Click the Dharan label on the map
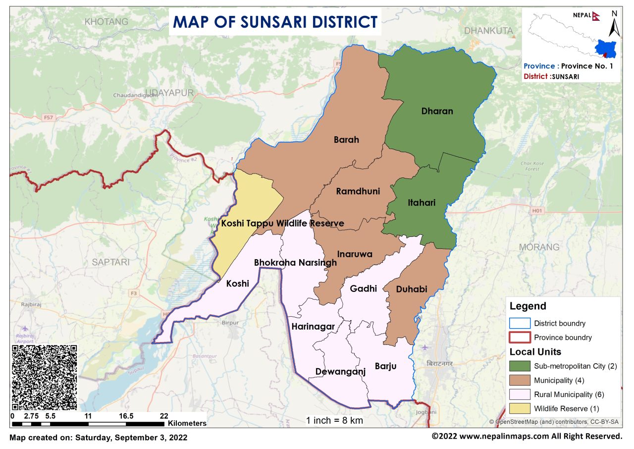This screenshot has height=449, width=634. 437,111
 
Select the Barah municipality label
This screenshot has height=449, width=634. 346,140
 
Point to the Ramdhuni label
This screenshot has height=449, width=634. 358,191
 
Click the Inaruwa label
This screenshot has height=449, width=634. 355,254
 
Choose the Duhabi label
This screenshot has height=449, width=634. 412,289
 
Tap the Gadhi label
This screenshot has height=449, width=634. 363,288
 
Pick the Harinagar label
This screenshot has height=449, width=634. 313,326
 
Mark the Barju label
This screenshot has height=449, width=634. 385,366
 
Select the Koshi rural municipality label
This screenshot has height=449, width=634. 238,283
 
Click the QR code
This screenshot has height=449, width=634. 44,377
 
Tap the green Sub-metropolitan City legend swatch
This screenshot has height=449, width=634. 520,367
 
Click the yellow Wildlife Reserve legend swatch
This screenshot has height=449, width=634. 520,409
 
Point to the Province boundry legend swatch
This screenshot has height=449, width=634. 520,337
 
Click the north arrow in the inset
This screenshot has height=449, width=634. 614,25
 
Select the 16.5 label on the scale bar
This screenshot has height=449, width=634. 126,416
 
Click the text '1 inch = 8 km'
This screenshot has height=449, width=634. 334,420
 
